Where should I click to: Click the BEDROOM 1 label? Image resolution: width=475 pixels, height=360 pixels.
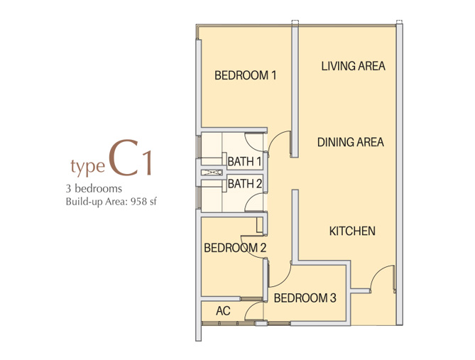[246, 75]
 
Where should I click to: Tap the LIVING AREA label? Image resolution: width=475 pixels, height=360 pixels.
[353, 66]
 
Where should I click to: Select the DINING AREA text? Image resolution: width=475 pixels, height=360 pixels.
[351, 142]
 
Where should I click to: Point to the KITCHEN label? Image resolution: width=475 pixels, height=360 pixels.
[352, 231]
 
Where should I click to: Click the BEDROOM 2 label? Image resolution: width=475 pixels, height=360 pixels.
[235, 248]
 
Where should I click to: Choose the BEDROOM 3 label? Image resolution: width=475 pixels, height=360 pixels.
[305, 298]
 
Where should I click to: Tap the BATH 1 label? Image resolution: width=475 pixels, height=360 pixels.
[244, 162]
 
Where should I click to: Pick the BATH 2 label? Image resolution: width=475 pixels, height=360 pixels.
[245, 184]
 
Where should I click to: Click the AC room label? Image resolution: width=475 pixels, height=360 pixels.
[223, 311]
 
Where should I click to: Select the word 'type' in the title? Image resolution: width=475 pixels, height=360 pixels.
[87, 167]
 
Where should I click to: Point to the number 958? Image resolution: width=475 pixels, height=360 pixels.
[138, 202]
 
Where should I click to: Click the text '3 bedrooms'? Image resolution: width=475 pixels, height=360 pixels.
[94, 188]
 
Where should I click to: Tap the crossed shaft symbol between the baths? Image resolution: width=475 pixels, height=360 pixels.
[212, 173]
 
